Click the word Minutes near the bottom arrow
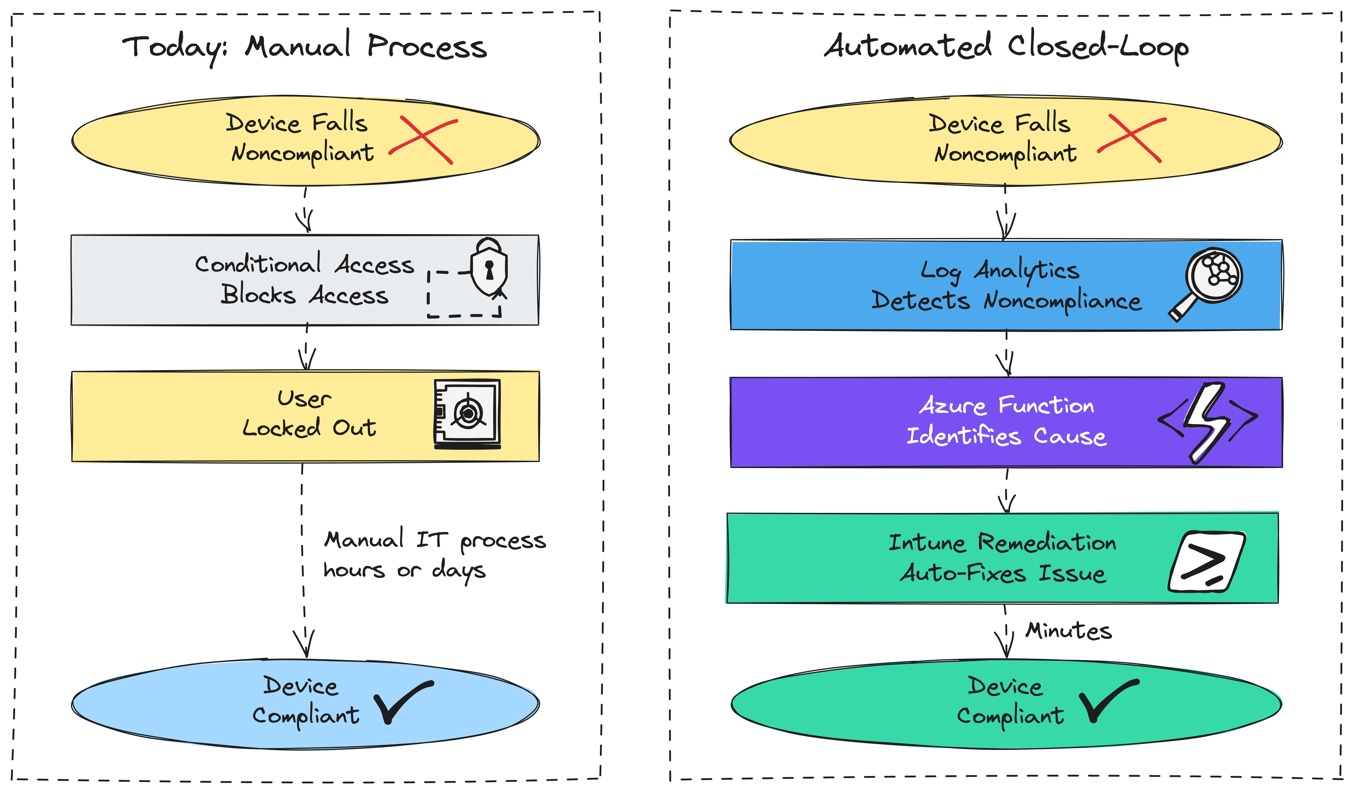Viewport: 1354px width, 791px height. point(1068,630)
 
